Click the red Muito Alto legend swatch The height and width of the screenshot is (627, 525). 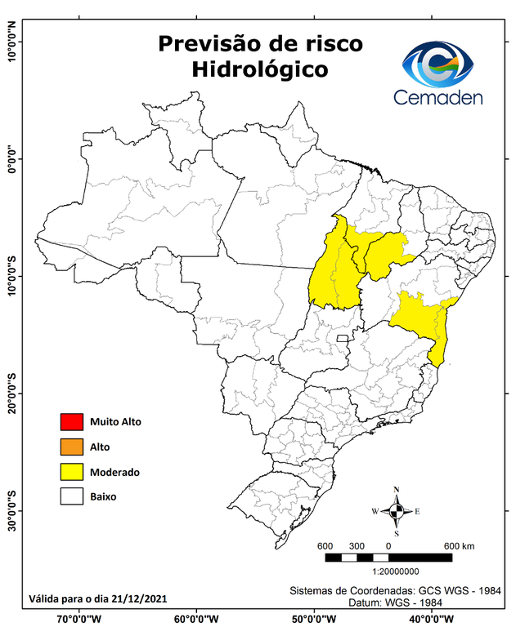click(x=72, y=422)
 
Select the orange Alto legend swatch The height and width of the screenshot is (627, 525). click(x=72, y=447)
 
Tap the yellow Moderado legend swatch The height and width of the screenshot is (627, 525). click(x=72, y=472)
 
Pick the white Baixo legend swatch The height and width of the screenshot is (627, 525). click(x=72, y=496)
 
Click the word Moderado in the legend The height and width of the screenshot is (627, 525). click(x=114, y=472)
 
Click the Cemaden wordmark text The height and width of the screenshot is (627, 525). click(x=439, y=98)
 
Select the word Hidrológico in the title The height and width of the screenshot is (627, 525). click(x=260, y=70)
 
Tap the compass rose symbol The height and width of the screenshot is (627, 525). click(x=396, y=511)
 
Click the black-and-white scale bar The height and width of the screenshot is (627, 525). click(x=388, y=558)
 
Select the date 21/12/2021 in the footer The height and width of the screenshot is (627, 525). click(x=138, y=598)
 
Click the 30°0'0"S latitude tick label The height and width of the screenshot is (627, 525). click(x=11, y=510)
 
